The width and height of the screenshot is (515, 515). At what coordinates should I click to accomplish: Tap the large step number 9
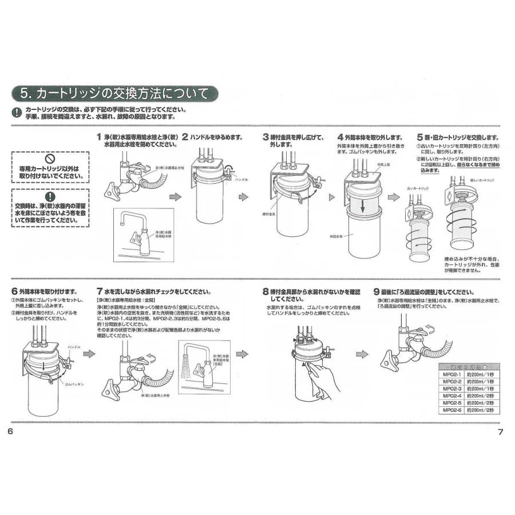point(376,291)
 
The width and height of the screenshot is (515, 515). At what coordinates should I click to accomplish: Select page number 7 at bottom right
point(500,431)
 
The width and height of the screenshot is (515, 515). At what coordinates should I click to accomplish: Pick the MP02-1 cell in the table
point(451,375)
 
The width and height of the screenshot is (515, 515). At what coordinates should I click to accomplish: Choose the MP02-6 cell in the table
point(451,410)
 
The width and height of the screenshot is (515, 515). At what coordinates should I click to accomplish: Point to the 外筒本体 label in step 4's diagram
point(337,236)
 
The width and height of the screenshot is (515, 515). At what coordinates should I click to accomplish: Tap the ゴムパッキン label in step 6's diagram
point(74,385)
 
